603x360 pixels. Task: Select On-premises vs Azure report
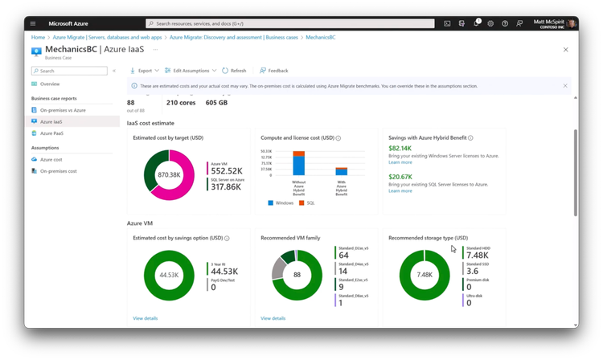(x=63, y=109)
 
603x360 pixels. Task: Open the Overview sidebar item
(x=50, y=84)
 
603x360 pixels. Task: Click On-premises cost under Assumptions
(x=59, y=171)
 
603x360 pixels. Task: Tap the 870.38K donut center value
(x=169, y=174)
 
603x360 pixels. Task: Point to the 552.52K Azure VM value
(x=227, y=170)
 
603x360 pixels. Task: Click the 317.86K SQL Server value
(x=227, y=186)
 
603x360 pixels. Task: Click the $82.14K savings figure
(x=400, y=148)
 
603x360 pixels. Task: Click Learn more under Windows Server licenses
(x=400, y=162)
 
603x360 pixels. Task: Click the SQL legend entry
(x=310, y=202)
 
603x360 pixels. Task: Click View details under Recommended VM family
(x=273, y=318)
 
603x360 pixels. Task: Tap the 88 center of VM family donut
(x=297, y=275)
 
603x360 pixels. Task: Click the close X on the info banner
(x=565, y=85)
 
